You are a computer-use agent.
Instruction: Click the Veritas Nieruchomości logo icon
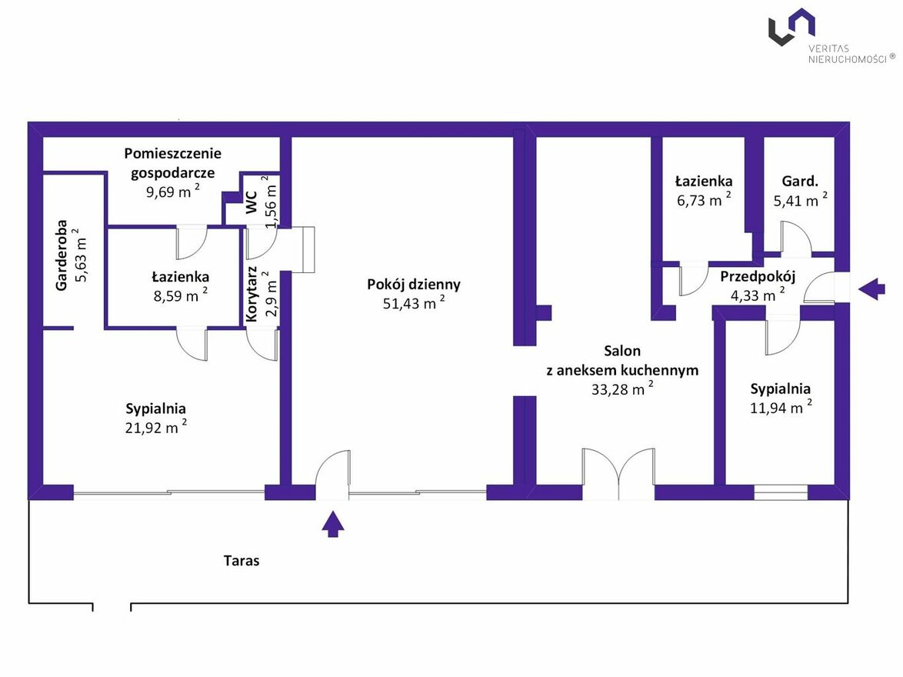point(791,26)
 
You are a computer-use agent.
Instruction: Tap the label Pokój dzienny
point(414,284)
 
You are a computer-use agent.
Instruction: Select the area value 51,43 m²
point(414,302)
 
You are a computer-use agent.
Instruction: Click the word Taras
point(242,561)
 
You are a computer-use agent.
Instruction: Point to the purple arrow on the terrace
point(333,524)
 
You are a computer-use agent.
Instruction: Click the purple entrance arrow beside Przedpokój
point(871,288)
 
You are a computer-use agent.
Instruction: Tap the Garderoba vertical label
point(62,255)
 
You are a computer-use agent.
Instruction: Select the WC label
point(252,203)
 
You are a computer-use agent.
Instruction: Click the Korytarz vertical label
point(252,294)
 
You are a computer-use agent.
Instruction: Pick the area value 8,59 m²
point(180,295)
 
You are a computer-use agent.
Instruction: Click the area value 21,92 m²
point(156,427)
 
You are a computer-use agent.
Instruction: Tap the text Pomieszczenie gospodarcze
point(173,163)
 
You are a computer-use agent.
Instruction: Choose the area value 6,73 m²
point(704,199)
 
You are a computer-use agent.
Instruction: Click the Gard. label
point(800,181)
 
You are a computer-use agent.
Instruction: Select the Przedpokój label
point(758,276)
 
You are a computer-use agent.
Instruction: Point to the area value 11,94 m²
point(781,407)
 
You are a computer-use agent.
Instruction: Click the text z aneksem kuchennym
point(622,371)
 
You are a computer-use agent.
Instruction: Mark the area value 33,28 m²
point(622,389)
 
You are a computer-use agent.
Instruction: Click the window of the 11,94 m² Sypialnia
point(781,492)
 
